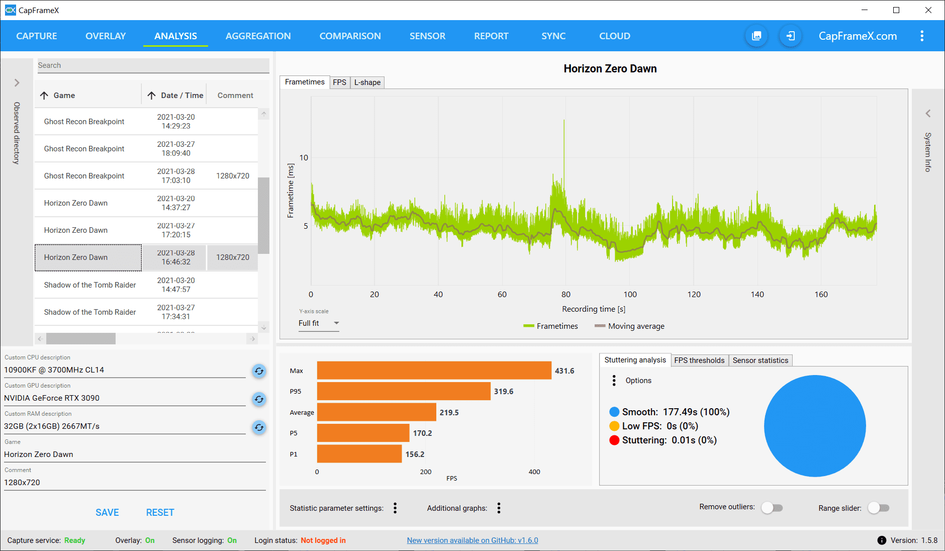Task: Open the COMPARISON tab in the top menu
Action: click(350, 36)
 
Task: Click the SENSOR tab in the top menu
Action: click(427, 36)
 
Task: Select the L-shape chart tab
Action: click(367, 82)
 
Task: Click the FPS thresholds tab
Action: click(699, 360)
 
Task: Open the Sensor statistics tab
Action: click(760, 360)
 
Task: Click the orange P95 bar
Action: click(403, 391)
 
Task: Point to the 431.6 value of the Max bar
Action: click(564, 371)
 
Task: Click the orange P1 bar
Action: click(359, 454)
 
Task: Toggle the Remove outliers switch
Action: click(772, 508)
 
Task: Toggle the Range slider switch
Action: click(879, 508)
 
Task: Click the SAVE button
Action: click(107, 512)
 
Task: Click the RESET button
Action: click(160, 512)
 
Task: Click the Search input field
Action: click(153, 65)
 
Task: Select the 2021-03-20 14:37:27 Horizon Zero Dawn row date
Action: click(176, 203)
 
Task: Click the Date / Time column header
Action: click(181, 96)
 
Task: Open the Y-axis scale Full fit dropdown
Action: click(319, 323)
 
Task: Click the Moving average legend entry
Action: click(629, 326)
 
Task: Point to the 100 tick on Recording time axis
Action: click(630, 295)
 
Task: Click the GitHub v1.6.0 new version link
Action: click(472, 540)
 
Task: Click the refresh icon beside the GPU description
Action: click(259, 399)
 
